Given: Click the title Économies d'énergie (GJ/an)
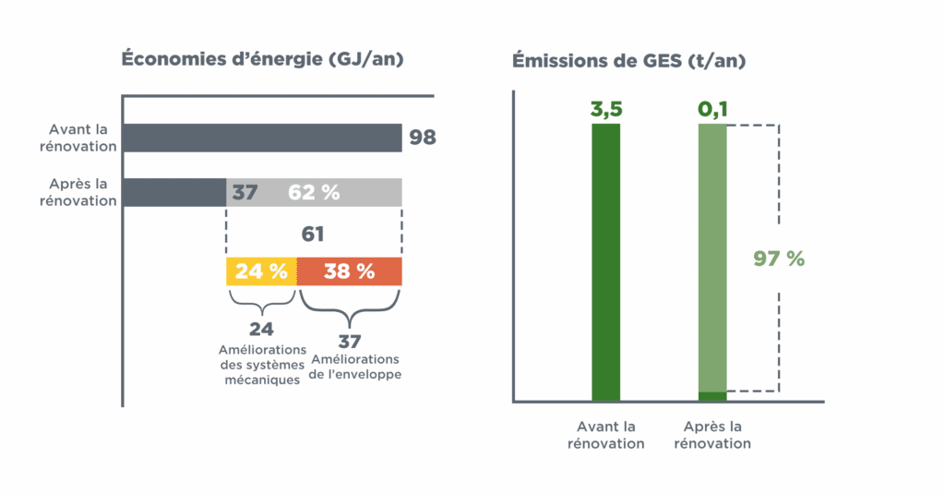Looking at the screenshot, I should coord(262,59).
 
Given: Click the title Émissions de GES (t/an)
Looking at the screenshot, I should coord(629,62).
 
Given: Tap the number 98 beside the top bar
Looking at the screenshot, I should coord(423,138).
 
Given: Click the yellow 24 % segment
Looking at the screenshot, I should coord(261,271).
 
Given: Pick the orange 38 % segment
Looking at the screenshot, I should coord(349,271).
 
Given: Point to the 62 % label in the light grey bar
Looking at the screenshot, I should coord(314,192).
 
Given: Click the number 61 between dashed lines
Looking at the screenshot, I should coord(313,234).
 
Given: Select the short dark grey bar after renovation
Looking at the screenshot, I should coord(174,192).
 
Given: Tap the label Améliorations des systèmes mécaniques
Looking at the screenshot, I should coord(261,364).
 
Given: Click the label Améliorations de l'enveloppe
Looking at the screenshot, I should coord(356,367).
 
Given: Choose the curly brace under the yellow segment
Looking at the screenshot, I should coord(261,302).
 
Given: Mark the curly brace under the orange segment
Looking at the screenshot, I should coord(349,302).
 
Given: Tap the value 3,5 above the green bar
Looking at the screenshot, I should coord(606,110).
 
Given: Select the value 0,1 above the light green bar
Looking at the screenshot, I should coord(712,110).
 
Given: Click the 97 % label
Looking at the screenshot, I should coord(780,259).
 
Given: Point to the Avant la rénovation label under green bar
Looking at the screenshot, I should coord(606,435).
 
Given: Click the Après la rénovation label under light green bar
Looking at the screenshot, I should coord(712,435).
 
